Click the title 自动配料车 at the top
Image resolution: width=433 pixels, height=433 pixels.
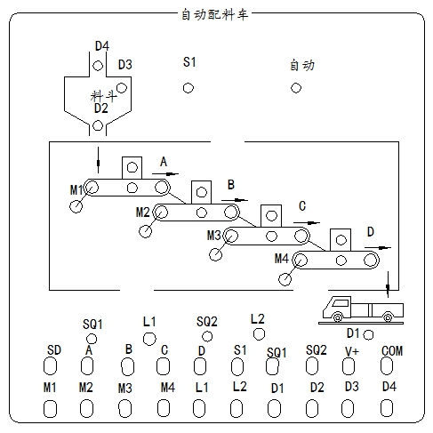214,14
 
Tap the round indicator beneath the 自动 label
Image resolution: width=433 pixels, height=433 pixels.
296,88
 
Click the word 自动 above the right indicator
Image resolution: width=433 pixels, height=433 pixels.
302,65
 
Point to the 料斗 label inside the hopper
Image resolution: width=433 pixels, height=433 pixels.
103,96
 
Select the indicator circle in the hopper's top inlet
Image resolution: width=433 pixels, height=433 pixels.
98,66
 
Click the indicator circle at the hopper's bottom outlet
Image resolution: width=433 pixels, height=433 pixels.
98,125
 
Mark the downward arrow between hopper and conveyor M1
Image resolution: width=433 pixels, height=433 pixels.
98,160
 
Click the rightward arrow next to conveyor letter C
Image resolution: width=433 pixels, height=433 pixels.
307,223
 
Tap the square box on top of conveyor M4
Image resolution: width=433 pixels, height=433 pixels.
341,240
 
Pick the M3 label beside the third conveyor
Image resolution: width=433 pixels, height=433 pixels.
214,236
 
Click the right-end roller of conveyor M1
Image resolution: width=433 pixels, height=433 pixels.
161,188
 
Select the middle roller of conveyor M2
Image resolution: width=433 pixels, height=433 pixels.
202,212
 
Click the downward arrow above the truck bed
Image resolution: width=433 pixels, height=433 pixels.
388,285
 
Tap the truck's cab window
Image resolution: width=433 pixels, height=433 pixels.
340,303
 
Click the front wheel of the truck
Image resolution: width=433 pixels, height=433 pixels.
337,317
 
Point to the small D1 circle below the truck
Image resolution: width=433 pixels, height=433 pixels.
368,335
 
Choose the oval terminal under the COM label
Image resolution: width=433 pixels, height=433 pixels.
387,365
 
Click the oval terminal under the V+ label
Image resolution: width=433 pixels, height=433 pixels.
349,366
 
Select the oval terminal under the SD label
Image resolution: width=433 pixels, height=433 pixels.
50,366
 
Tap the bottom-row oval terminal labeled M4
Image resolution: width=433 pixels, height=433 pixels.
164,408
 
